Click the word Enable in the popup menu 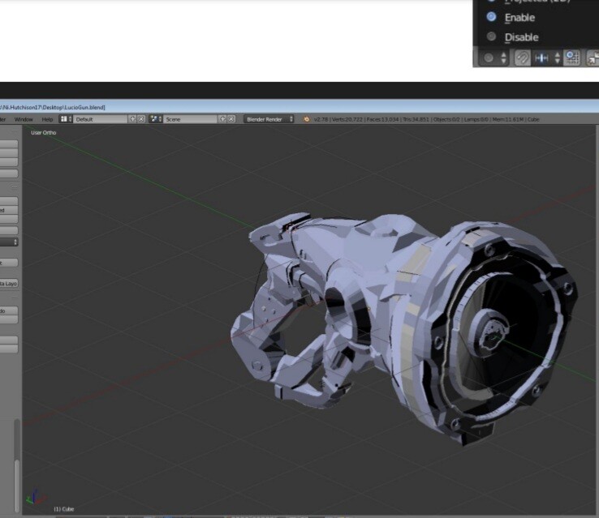519,17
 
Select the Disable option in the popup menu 521,37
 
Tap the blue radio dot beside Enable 491,16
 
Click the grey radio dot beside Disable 491,36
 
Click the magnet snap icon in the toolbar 522,58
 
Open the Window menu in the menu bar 24,119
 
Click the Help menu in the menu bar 47,119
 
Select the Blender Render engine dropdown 269,119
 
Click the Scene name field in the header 191,119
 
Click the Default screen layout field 101,119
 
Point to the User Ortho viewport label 44,132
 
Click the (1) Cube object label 63,508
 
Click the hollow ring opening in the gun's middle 338,307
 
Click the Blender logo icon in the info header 307,119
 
